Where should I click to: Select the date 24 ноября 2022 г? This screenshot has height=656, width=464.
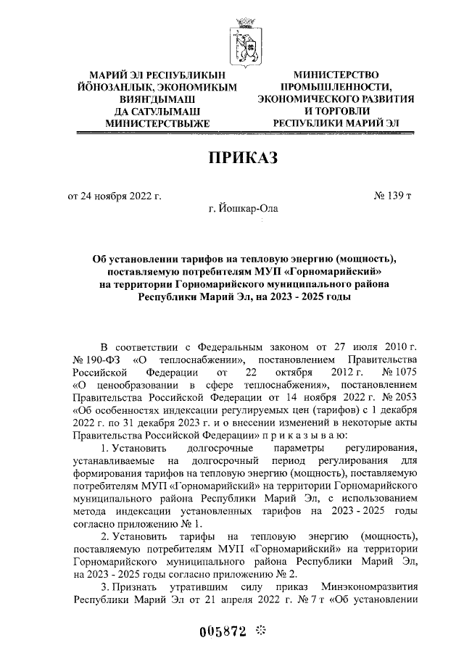[114, 196]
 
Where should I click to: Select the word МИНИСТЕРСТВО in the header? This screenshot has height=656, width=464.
[336, 75]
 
